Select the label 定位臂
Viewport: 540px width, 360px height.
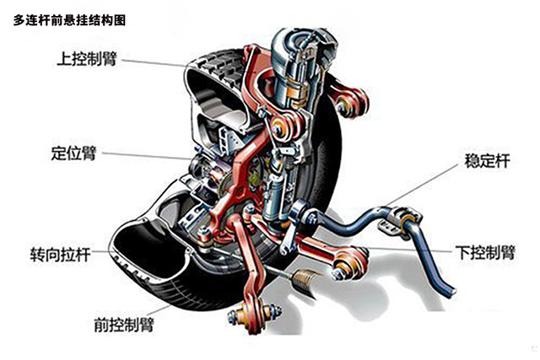pos(74,154)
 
